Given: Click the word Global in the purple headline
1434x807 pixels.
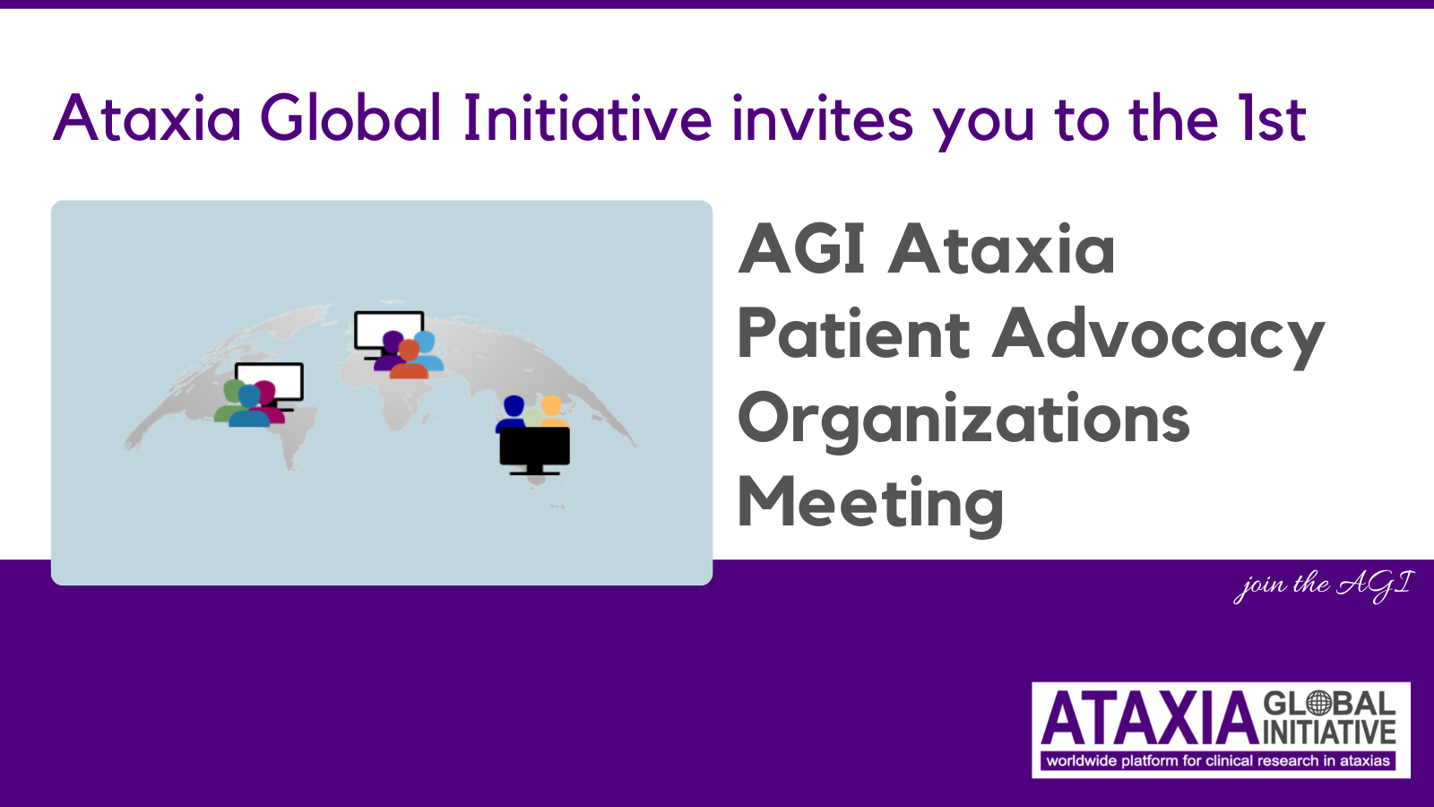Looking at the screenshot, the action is tap(350, 117).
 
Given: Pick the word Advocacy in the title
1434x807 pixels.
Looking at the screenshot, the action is tap(1158, 337).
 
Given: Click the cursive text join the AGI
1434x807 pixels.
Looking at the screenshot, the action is tap(1323, 586).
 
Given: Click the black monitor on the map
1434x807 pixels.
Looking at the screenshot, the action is tap(534, 448).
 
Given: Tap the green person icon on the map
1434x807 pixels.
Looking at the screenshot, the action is tap(229, 400).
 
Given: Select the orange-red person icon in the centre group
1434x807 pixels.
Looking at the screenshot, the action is tap(409, 360).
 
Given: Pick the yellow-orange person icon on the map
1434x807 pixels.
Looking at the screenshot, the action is tap(552, 412).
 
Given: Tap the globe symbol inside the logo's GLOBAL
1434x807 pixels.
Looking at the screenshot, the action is tap(1318, 703).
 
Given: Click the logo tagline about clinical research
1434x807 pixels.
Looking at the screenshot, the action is tap(1218, 761).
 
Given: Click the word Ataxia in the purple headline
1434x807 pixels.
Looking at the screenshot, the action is tap(147, 117).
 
